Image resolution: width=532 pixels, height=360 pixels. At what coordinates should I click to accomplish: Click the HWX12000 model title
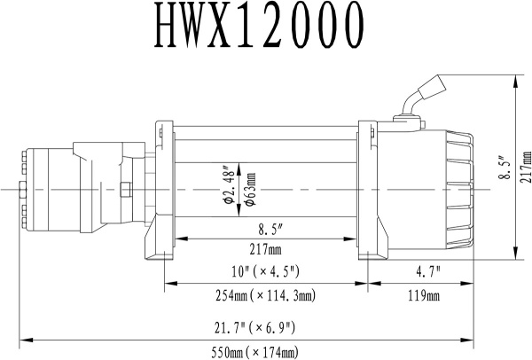[266, 30]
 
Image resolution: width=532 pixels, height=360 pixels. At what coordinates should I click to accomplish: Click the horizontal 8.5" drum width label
[263, 226]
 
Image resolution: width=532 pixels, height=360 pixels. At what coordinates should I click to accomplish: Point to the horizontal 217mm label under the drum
[263, 249]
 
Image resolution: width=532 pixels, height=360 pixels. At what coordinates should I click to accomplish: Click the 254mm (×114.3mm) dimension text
[263, 294]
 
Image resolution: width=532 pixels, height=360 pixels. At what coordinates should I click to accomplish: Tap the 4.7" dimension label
[420, 270]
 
